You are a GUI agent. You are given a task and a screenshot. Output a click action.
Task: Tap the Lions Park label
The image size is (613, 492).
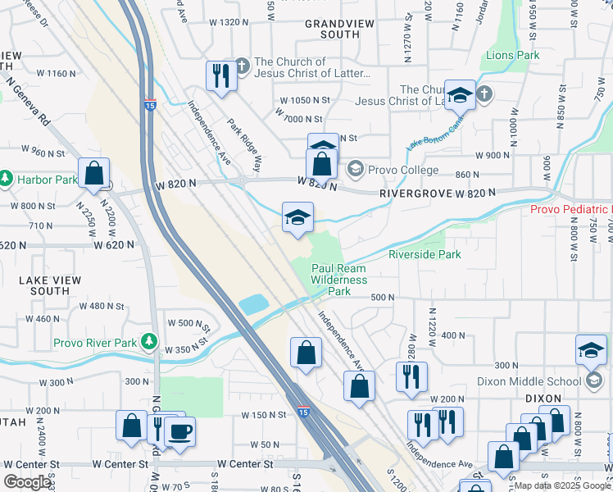512,56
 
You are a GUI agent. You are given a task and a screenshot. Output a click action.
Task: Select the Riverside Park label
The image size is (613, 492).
425,255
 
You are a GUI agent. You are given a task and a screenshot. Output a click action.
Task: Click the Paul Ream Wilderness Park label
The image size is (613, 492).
339,280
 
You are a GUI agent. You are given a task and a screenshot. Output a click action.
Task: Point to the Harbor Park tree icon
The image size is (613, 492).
6,178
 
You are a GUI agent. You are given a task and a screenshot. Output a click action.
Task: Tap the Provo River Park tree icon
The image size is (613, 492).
148,339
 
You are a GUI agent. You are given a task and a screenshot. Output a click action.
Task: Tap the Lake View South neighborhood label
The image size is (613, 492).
44,285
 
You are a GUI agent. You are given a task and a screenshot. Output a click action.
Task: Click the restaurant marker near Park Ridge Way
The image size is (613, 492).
220,76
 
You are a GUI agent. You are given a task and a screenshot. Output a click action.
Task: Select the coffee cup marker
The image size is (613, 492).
179,430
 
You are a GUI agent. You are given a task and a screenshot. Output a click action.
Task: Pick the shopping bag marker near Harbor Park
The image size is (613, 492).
93,173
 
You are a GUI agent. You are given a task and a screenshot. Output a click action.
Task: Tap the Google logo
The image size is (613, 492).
28,482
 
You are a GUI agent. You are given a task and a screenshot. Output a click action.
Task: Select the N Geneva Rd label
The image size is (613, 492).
28,102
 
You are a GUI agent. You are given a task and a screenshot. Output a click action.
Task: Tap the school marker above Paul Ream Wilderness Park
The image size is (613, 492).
297,217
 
